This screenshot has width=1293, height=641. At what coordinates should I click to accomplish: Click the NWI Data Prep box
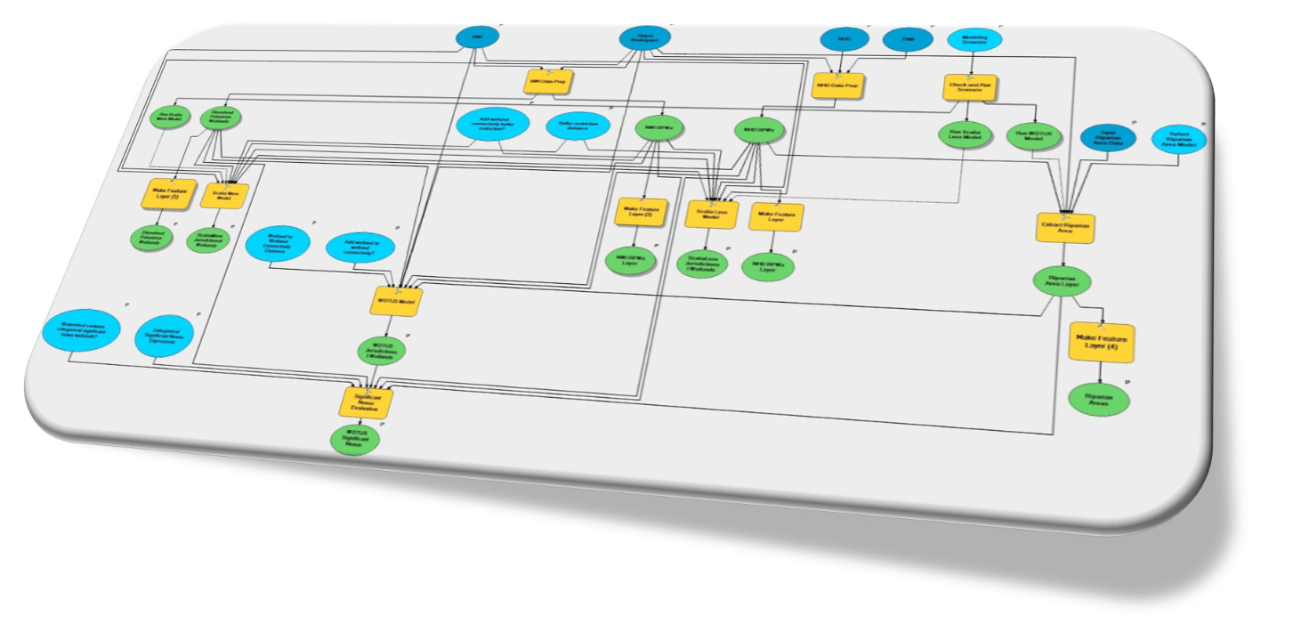(546, 81)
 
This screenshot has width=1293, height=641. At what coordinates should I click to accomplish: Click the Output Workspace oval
(645, 39)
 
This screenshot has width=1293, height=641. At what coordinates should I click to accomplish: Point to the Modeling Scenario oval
(974, 40)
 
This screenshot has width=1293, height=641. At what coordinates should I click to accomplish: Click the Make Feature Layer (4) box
(1102, 343)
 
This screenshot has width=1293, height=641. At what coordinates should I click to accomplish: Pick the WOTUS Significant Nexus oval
(352, 440)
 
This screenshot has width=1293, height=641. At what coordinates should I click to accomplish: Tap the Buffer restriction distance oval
(578, 126)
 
